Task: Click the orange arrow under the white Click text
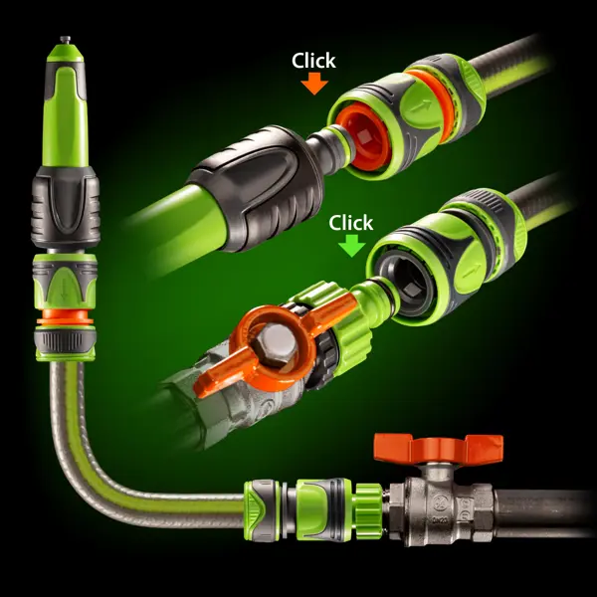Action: (314, 83)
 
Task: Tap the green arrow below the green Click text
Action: (351, 245)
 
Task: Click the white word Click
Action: (313, 61)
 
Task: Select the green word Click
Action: (350, 223)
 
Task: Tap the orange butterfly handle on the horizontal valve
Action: (438, 448)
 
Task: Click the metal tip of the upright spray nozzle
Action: (65, 40)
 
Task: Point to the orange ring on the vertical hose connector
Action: (65, 316)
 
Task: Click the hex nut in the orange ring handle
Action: (275, 345)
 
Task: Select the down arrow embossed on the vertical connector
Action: (64, 291)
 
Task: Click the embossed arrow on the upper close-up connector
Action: (421, 105)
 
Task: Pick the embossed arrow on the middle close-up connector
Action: (471, 271)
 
